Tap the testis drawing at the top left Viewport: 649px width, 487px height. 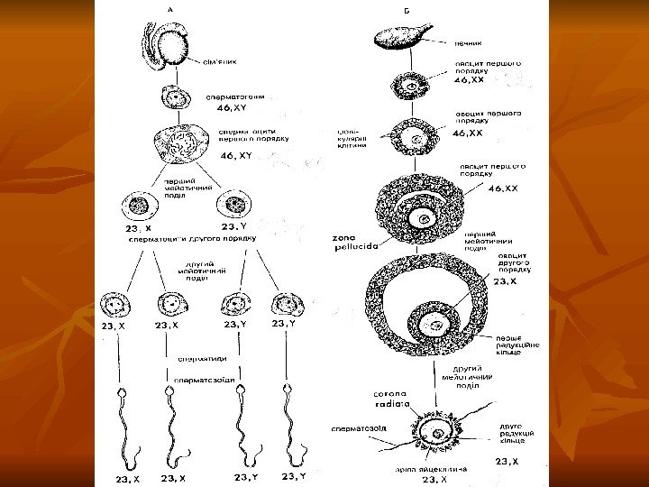pyautogui.click(x=166, y=44)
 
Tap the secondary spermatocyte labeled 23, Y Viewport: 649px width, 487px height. pyautogui.click(x=237, y=206)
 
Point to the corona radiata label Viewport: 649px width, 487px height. pyautogui.click(x=394, y=400)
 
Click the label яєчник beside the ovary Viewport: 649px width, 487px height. pyautogui.click(x=469, y=41)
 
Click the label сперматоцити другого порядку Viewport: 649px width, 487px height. pyautogui.click(x=194, y=239)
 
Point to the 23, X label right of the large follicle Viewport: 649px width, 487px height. pyautogui.click(x=506, y=280)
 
